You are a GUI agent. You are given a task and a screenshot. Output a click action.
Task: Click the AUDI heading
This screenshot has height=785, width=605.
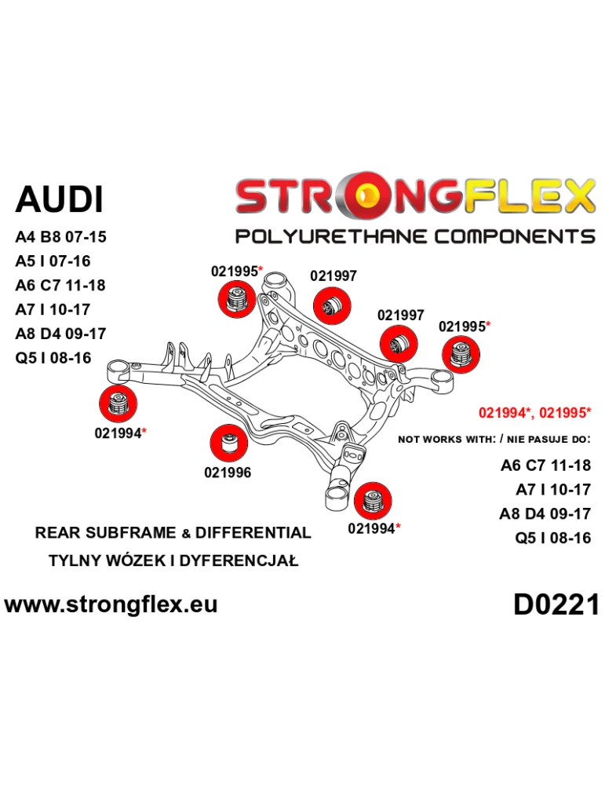pyautogui.click(x=59, y=199)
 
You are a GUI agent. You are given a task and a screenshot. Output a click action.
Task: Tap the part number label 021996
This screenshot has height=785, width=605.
pyautogui.click(x=228, y=473)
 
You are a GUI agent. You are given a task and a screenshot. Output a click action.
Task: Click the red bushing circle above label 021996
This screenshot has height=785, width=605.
pyautogui.click(x=229, y=443)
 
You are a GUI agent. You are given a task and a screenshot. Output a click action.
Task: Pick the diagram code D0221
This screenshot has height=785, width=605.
pyautogui.click(x=556, y=604)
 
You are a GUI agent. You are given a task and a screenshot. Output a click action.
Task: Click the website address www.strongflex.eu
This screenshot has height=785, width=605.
pyautogui.click(x=111, y=604)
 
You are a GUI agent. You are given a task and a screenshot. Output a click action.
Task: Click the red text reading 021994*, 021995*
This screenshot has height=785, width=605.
pyautogui.click(x=534, y=413)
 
